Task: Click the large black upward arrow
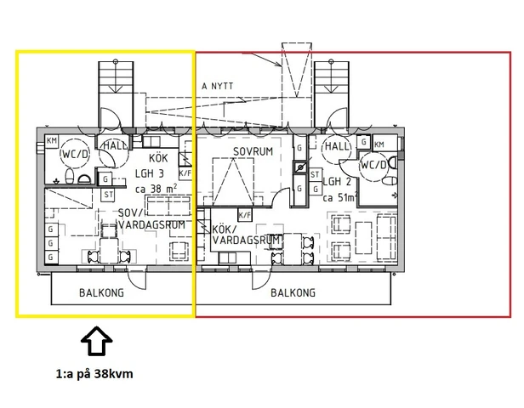click(97, 343)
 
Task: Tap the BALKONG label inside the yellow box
click(100, 292)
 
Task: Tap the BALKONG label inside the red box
click(293, 292)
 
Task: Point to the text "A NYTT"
click(219, 87)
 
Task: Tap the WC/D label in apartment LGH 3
click(75, 154)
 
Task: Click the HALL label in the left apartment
click(113, 146)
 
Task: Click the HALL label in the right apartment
click(338, 146)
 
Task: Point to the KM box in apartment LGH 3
click(51, 141)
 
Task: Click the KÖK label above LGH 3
click(158, 158)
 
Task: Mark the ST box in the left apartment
click(108, 195)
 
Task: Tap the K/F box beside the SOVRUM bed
click(244, 214)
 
